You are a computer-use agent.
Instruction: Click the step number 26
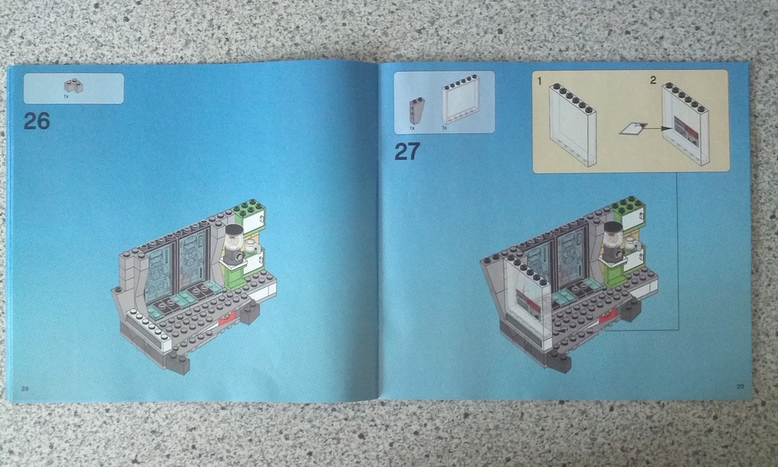point(37,121)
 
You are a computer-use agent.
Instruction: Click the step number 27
point(408,151)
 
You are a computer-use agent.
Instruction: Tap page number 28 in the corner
point(24,388)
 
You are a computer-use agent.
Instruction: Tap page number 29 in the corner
point(741,386)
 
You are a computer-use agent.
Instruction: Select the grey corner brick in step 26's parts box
point(73,86)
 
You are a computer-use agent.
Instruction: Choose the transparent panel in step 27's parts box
point(461,100)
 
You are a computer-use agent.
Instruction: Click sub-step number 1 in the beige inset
point(540,81)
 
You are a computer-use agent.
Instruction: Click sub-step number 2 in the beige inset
point(653,80)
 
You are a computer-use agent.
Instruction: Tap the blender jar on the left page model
point(234,239)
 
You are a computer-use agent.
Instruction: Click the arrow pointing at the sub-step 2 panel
point(656,128)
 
